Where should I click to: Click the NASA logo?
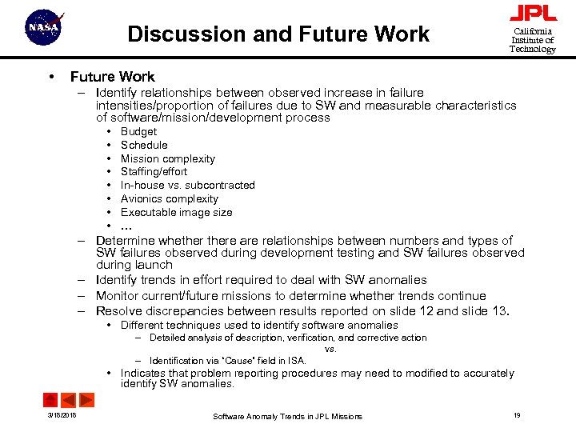coord(44,29)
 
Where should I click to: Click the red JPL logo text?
coord(533,14)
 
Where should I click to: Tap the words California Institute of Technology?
coord(533,40)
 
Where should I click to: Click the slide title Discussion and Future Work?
coord(278,34)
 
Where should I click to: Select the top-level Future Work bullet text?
coord(112,77)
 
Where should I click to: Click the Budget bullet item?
coord(138,132)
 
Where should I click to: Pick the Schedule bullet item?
coord(144,146)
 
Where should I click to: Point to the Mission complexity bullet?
coord(167,158)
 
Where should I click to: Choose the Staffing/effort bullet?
coord(154,172)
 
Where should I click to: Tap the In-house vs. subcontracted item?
coord(187,186)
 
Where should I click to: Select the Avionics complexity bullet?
coord(169,198)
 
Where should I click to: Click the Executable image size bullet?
coord(176,212)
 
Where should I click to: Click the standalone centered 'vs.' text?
coord(330,349)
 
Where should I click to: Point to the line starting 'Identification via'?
coord(227,361)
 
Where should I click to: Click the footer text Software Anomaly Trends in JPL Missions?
coord(287,416)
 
